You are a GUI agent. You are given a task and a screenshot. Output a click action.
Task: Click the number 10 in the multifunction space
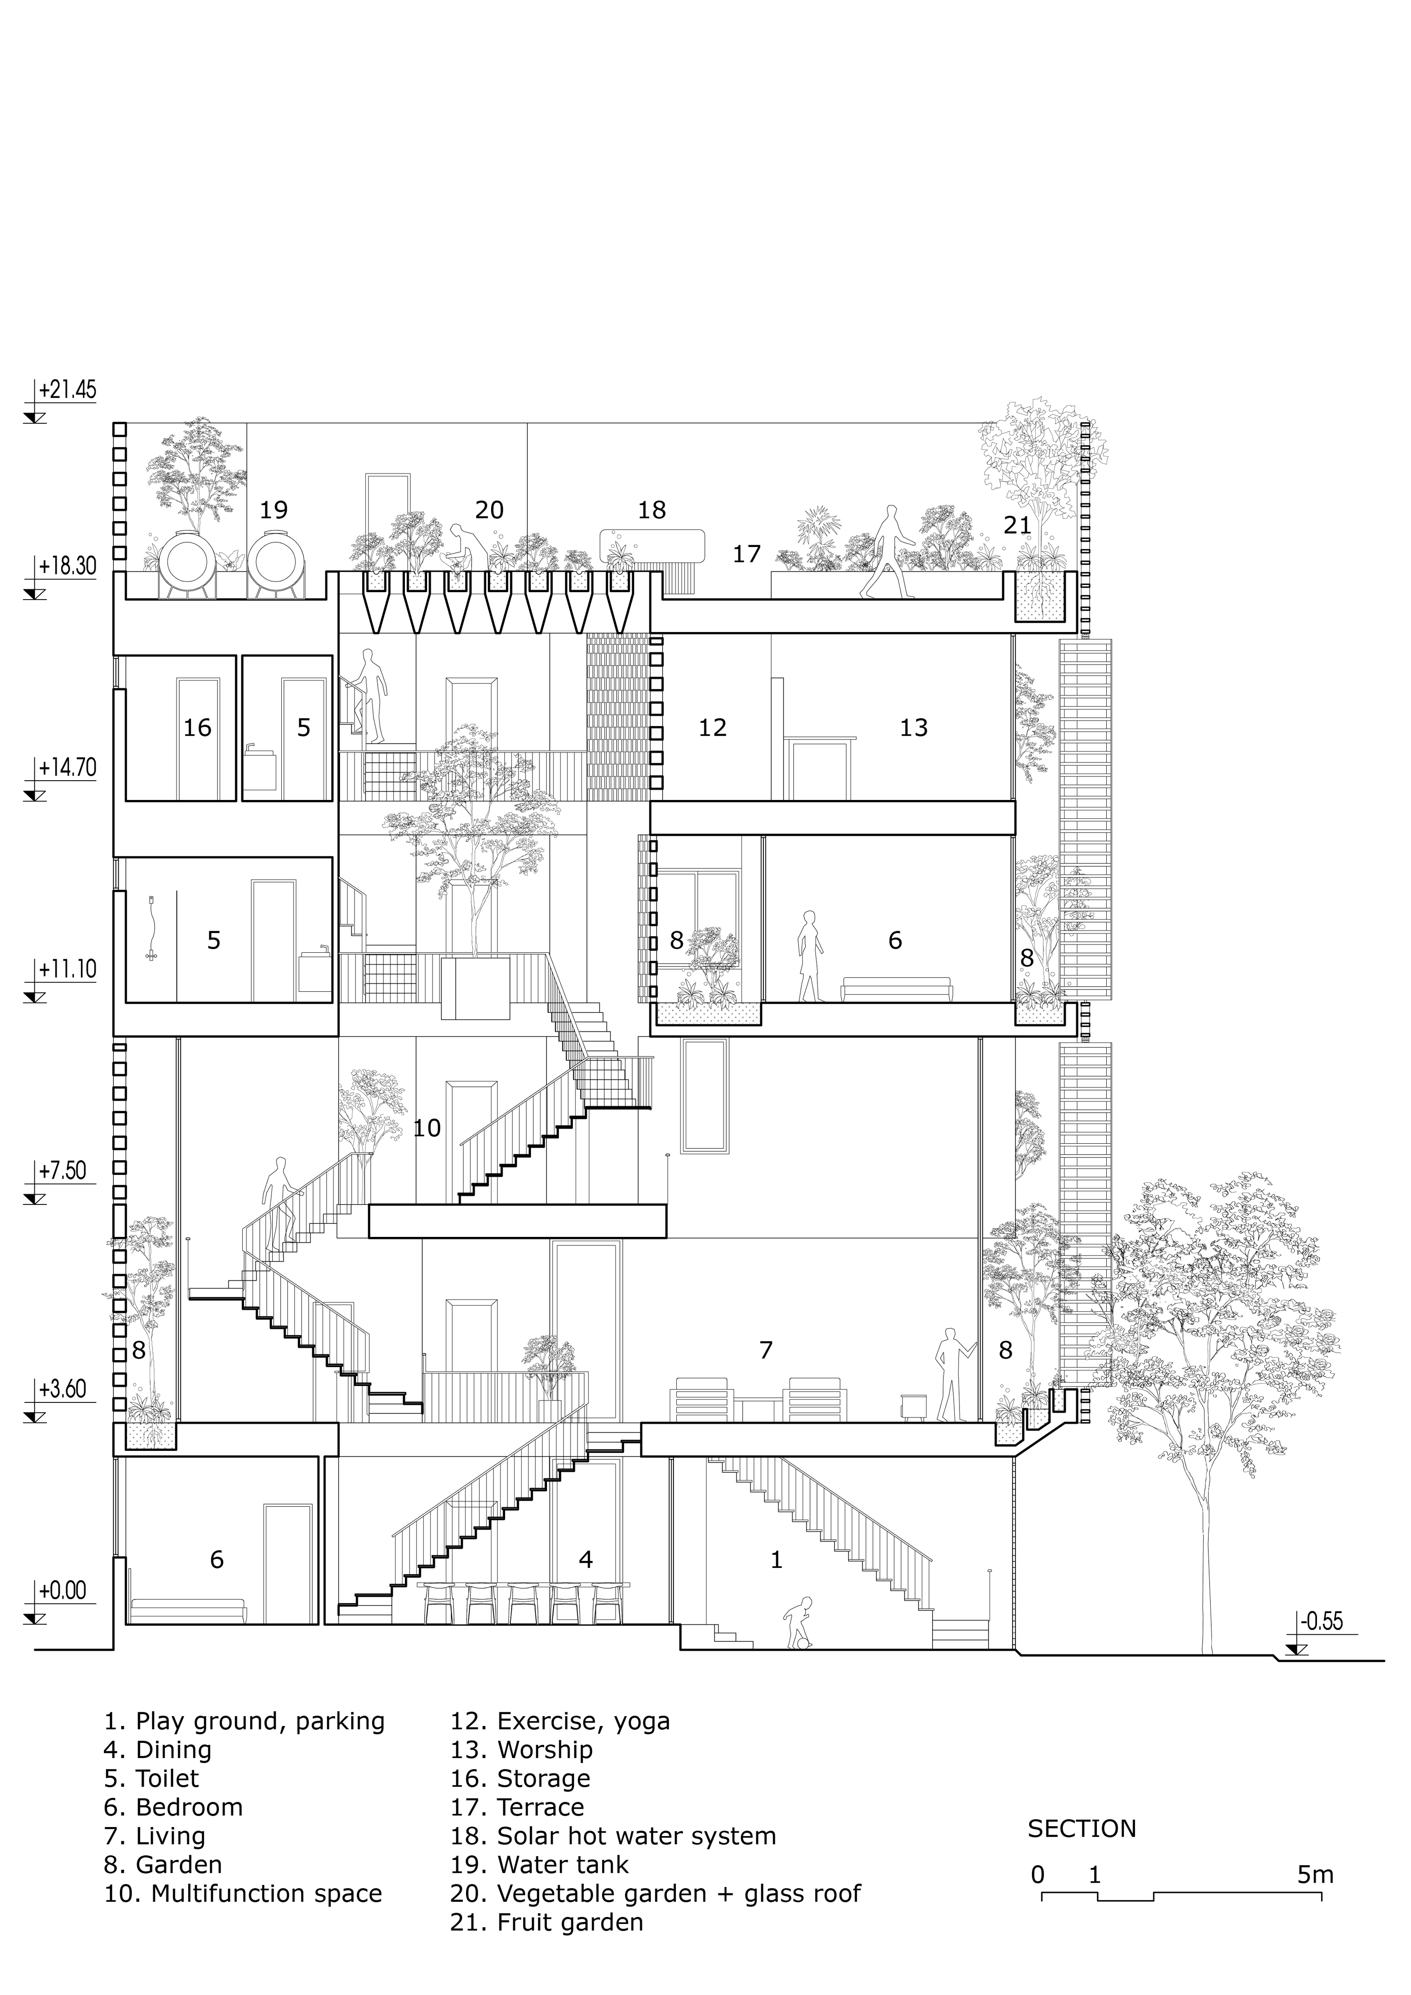[x=427, y=1128]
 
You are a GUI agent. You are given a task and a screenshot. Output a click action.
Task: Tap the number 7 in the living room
[x=765, y=1349]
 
